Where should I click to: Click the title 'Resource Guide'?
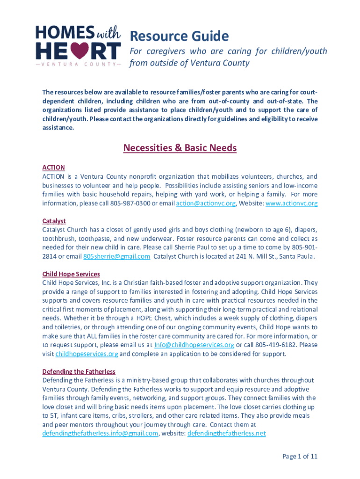(x=179, y=36)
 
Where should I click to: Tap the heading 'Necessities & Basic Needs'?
(x=180, y=148)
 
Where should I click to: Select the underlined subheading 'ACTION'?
(x=53, y=167)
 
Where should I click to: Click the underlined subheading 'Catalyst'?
(x=54, y=221)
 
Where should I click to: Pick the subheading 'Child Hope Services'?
(x=71, y=274)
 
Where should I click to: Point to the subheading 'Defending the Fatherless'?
(x=79, y=371)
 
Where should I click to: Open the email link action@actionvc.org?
(x=206, y=203)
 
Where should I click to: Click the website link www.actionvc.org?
(x=291, y=203)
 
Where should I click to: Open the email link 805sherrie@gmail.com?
(x=116, y=256)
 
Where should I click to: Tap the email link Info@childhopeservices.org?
(x=194, y=345)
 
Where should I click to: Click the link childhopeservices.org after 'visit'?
(x=86, y=354)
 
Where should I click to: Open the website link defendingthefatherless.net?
(x=226, y=433)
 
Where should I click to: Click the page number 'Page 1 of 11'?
(x=300, y=457)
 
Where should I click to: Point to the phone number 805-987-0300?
(x=130, y=203)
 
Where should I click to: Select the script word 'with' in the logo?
(x=108, y=33)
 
